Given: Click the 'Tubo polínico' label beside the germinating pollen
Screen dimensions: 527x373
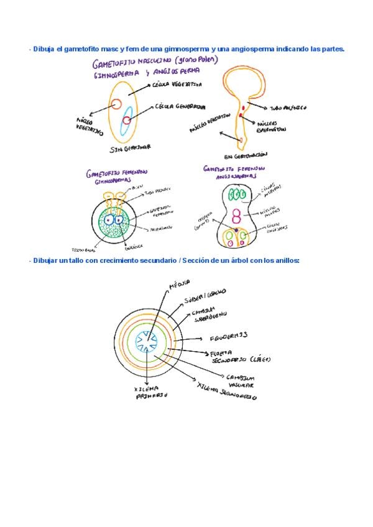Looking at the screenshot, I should click(287, 108).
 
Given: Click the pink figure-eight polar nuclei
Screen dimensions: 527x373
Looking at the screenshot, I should click(236, 216).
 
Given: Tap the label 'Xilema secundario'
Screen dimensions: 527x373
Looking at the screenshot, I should click(226, 392).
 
